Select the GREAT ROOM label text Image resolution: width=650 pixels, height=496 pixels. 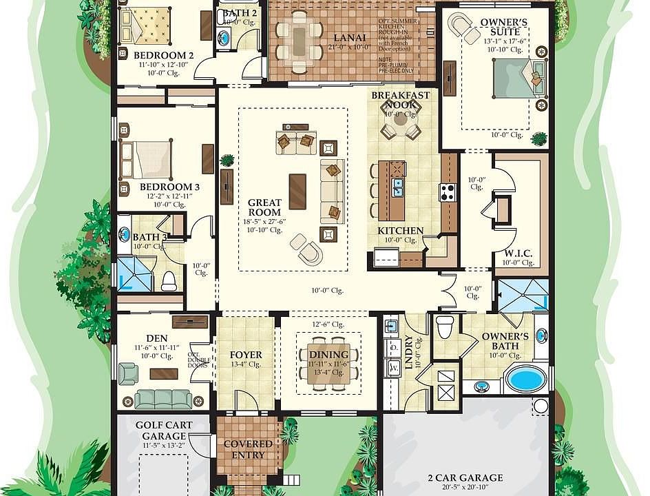264,207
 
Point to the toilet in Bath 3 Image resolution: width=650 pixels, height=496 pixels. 169,280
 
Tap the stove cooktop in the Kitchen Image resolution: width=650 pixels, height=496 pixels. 448,192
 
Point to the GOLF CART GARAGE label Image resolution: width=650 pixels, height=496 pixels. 164,431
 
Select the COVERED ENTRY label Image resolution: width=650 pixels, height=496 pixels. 248,449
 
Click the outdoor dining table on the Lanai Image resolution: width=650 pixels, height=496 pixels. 300,41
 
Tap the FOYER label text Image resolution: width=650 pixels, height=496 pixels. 246,355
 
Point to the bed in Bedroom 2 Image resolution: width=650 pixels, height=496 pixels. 145,26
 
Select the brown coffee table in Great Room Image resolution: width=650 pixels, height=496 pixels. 297,191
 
